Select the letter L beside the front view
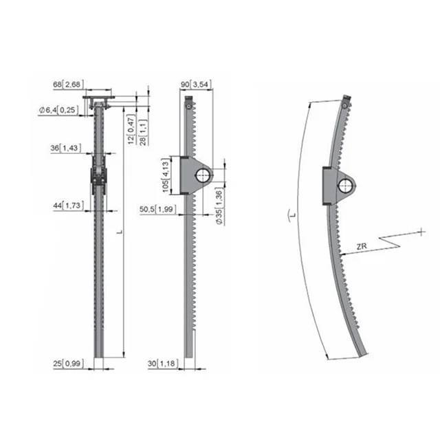pyautogui.click(x=120, y=234)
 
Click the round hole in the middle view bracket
pyautogui.click(x=203, y=176)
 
